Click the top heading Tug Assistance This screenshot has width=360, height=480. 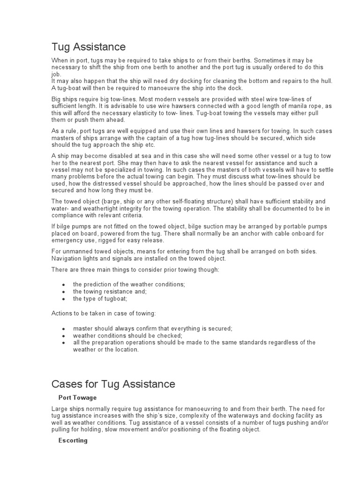88,47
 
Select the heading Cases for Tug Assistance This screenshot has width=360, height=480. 113,384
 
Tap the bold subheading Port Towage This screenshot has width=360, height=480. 77,398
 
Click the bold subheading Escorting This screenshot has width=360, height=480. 73,441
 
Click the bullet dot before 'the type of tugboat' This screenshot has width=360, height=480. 63,299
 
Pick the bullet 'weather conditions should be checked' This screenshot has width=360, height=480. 127,336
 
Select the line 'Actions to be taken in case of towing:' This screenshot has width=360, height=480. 103,313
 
